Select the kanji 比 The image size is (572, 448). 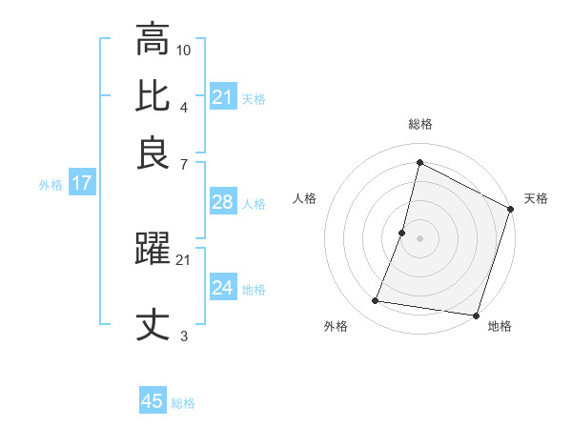click(x=153, y=95)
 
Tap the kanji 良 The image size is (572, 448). click(x=153, y=153)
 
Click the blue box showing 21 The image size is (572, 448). click(x=223, y=96)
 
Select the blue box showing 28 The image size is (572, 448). click(x=223, y=202)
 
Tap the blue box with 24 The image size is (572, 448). click(x=223, y=288)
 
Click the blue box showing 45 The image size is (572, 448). click(x=153, y=401)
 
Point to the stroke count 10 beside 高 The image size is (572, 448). click(x=184, y=50)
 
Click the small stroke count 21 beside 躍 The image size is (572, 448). click(x=184, y=259)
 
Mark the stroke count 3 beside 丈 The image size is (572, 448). click(x=184, y=336)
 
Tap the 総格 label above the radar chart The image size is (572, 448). click(x=419, y=124)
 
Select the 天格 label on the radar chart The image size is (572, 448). click(x=536, y=198)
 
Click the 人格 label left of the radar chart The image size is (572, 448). click(x=305, y=198)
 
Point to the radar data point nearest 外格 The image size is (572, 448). click(x=376, y=301)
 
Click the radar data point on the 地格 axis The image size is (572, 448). click(x=475, y=316)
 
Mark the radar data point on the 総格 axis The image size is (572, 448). click(x=419, y=163)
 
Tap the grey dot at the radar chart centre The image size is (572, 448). click(x=419, y=238)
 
